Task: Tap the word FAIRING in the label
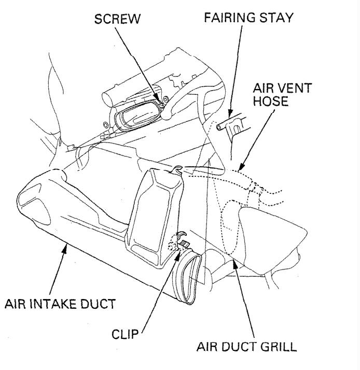[x=224, y=19]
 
